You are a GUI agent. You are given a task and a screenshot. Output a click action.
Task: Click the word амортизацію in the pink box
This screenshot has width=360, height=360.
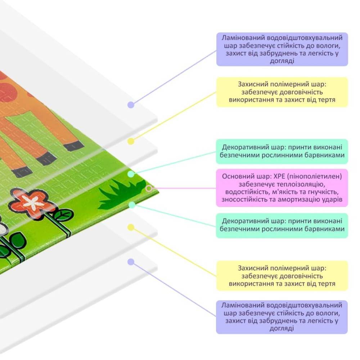pos(304,199)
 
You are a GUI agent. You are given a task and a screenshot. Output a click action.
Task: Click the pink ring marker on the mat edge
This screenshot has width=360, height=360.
pos(149,188)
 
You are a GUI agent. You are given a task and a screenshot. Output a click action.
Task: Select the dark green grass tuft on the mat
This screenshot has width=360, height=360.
pos(117,194)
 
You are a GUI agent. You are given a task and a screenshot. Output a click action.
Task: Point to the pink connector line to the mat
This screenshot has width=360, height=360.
pos(184,188)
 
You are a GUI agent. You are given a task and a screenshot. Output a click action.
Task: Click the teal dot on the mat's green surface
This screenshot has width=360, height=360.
pos(131,174)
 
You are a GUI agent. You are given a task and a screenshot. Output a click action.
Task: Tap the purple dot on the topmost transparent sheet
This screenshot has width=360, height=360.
pos(131,105)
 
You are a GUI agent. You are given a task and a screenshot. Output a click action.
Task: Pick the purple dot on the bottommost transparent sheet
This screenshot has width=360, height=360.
pos(131,262)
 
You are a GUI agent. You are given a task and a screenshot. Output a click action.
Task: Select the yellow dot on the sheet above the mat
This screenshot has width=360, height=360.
pos(131,141)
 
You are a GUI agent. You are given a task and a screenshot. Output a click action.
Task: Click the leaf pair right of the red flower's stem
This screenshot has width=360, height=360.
pos(63,215)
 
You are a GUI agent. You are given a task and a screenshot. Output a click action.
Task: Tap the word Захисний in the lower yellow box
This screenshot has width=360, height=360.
pos(251,268)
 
